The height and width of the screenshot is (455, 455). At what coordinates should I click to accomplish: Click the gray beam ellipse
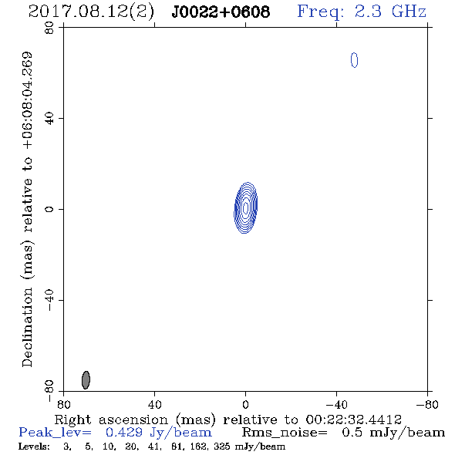86,380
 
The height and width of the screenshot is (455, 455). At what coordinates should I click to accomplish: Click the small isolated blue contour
354,60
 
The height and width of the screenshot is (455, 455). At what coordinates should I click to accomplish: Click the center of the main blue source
246,207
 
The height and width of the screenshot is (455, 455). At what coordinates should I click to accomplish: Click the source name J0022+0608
221,12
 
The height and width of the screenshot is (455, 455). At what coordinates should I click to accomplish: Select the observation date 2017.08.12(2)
91,12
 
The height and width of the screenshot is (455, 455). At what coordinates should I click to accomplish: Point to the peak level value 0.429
124,433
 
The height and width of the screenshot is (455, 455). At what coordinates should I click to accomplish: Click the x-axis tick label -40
336,405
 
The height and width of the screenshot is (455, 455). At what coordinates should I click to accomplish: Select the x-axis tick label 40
155,405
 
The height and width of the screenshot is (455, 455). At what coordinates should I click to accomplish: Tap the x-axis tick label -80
427,405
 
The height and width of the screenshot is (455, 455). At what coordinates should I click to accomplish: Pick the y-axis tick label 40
49,119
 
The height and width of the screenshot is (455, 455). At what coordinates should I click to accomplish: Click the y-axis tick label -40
49,300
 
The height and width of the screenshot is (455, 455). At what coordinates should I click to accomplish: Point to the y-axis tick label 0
49,209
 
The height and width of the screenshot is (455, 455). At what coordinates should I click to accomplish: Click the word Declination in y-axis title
27,327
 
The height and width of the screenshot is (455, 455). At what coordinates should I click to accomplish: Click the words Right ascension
111,420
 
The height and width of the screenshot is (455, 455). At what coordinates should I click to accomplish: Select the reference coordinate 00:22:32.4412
353,420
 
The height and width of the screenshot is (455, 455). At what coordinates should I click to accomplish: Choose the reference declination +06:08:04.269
27,100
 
